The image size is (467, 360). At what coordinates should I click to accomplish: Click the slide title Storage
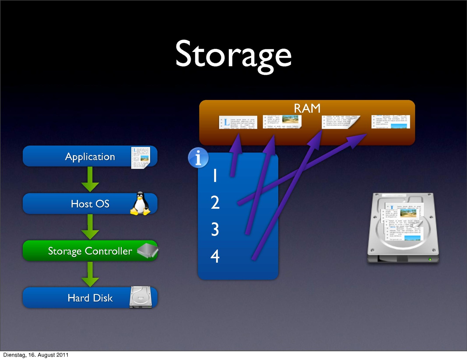[x=233, y=55]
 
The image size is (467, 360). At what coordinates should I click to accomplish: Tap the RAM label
[x=307, y=108]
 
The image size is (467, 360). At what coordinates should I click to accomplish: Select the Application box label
[x=90, y=157]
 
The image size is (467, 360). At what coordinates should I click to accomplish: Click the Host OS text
[x=90, y=204]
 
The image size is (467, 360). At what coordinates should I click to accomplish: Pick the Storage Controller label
[x=90, y=251]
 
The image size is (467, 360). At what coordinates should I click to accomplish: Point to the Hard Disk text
[x=90, y=298]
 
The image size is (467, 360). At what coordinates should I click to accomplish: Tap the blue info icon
[x=198, y=157]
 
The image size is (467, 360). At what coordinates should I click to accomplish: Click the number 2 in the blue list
[x=215, y=202]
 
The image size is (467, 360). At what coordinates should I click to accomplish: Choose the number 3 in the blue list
[x=215, y=229]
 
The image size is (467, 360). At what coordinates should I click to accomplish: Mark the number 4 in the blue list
[x=215, y=256]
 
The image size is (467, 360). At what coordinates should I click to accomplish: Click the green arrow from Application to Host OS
[x=90, y=179]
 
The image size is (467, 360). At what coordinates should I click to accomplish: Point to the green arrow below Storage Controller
[x=90, y=274]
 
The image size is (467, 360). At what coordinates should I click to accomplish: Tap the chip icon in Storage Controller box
[x=147, y=250]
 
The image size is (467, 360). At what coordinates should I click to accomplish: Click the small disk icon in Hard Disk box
[x=141, y=297]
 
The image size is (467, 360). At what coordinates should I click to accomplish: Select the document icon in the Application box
[x=141, y=157]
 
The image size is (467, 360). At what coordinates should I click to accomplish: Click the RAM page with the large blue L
[x=238, y=122]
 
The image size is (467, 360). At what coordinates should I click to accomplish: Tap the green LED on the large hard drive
[x=430, y=259]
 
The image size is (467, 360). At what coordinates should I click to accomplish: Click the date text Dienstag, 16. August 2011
[x=36, y=355]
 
